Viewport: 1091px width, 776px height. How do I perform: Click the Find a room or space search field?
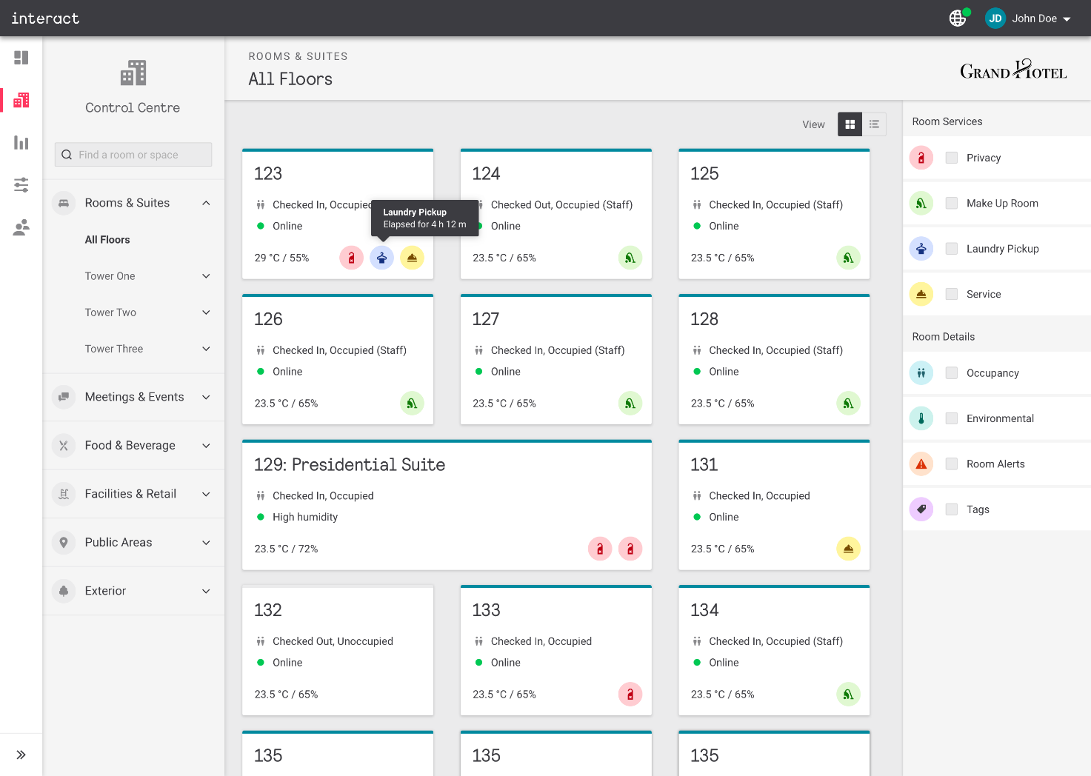coord(133,155)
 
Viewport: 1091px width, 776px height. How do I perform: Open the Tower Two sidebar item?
coord(110,312)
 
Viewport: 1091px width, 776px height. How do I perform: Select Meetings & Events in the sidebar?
coord(134,397)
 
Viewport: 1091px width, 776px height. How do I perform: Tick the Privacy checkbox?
coord(952,158)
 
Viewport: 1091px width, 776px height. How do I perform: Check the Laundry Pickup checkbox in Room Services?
coord(952,249)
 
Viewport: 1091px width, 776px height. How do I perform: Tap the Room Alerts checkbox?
coord(952,464)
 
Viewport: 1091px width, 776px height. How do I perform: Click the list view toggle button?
coord(874,124)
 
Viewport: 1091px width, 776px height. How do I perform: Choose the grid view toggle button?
coord(850,124)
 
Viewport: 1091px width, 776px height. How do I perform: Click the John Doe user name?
coord(1034,19)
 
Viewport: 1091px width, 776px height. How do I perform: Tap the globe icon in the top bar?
coord(958,19)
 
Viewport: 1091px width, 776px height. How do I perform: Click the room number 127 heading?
coord(486,319)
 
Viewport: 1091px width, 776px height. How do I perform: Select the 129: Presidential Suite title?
coord(350,465)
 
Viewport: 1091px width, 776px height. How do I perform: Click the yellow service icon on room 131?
coord(848,549)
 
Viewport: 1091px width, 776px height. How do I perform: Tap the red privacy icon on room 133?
coord(630,695)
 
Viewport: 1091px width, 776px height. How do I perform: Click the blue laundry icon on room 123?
coord(381,258)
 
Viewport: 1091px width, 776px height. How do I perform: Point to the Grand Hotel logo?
coord(1013,70)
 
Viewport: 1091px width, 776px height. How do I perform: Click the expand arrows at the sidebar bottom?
coord(21,755)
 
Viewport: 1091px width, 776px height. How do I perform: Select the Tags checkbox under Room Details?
coord(952,509)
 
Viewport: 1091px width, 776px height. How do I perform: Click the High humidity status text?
coord(305,517)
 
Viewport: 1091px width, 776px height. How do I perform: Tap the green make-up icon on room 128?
coord(848,404)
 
